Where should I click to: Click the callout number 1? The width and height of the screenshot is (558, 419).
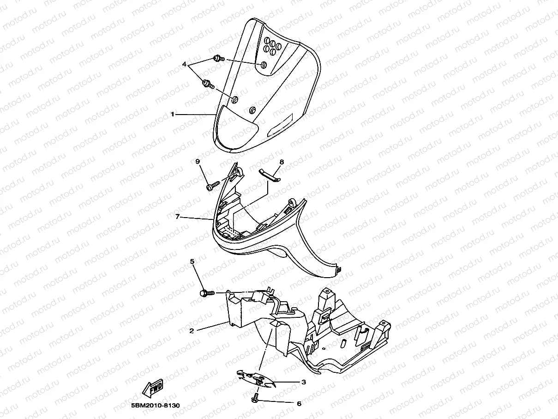pos(173,114)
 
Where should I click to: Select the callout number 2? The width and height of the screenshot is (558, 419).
pos(191,331)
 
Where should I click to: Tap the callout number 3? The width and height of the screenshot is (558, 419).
pos(303,382)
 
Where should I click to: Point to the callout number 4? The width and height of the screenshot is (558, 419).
pos(184,65)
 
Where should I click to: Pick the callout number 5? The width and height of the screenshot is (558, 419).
pos(192,262)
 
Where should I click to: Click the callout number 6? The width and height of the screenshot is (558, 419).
pos(299,403)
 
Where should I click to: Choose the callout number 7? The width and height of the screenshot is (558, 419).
pos(177,216)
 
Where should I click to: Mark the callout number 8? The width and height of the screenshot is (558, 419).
pos(282,162)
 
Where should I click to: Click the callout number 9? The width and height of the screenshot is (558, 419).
pos(197,161)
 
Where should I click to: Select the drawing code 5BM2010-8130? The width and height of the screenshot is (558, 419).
pos(152,406)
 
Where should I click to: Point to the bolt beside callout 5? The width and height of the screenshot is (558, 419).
pos(207,293)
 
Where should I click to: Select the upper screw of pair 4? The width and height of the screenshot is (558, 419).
pos(218,59)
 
